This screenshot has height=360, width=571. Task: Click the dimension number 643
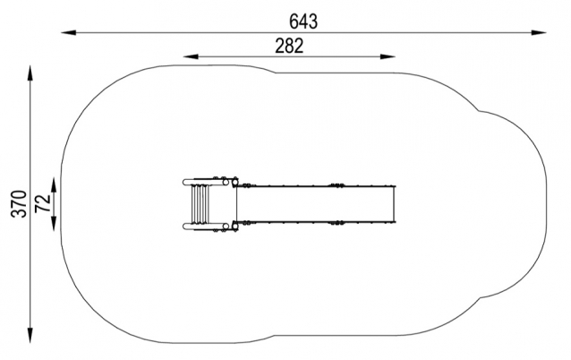(x=303, y=21)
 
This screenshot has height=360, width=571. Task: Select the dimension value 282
(x=289, y=47)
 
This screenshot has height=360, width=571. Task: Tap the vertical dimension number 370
(x=19, y=204)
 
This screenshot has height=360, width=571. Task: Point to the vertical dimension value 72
(x=43, y=203)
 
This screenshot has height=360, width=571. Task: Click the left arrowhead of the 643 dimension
(x=68, y=33)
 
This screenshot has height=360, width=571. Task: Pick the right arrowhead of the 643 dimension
(x=539, y=33)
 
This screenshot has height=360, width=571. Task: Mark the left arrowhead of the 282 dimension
(x=191, y=56)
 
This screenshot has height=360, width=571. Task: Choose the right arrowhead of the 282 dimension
(x=388, y=56)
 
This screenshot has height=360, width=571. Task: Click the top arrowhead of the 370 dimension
(x=30, y=73)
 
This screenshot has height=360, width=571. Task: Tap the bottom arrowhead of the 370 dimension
(x=30, y=335)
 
